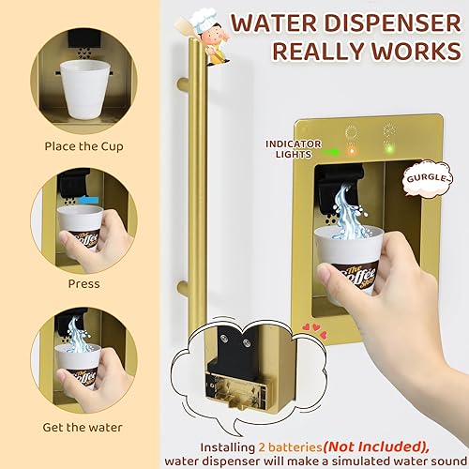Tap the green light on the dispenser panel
[386, 147]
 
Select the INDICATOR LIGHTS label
[292, 149]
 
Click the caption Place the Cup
[83, 146]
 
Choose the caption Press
[83, 282]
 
